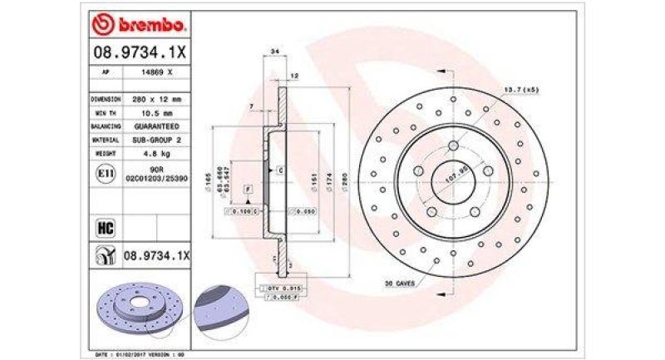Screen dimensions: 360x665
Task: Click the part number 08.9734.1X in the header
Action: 140,53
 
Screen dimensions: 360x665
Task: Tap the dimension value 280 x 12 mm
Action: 155,98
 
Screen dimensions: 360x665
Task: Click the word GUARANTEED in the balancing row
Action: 155,126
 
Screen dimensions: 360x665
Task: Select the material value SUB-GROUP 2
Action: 155,141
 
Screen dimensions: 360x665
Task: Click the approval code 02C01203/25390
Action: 156,180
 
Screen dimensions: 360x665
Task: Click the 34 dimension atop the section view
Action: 273,52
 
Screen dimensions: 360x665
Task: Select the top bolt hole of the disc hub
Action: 453,146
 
